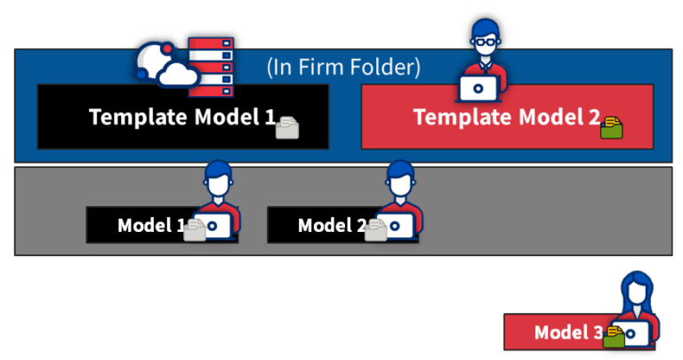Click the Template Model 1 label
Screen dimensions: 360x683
181,116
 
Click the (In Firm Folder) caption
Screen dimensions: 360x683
343,67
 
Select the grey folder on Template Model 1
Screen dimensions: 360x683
287,129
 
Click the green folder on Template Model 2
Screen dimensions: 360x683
612,127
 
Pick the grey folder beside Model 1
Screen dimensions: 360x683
195,230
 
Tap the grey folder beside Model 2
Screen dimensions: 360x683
376,230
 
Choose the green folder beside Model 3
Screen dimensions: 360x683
614,336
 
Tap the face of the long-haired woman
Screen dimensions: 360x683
637,292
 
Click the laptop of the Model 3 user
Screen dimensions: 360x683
636,333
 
